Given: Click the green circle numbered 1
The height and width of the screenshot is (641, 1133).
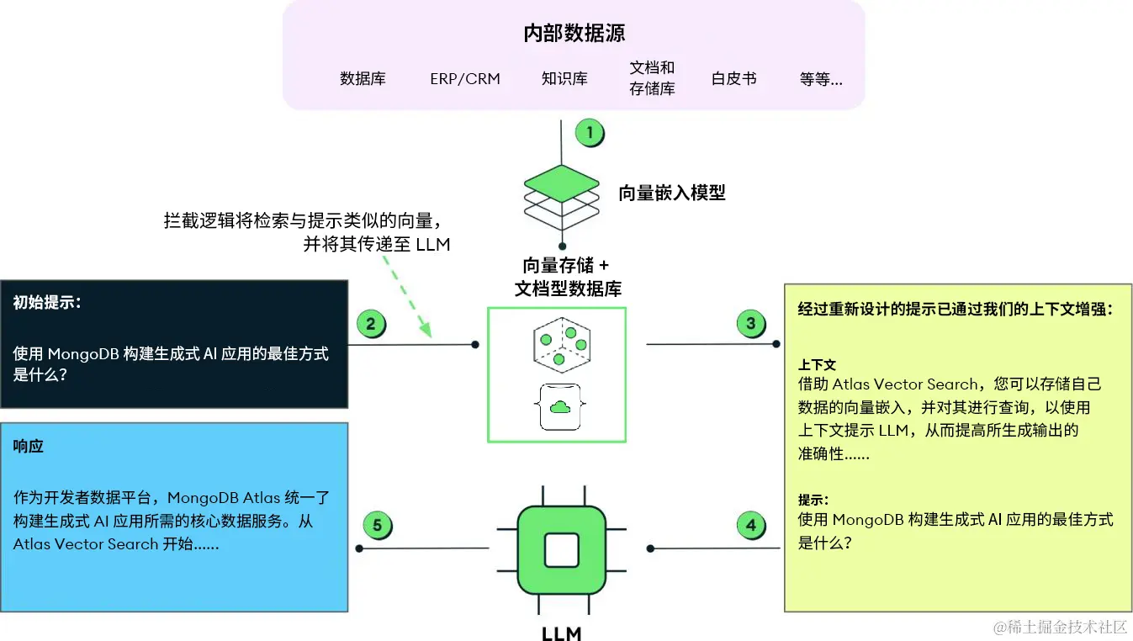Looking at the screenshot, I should coord(590,133).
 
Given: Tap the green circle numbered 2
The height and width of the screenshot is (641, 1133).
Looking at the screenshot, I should coord(371,324).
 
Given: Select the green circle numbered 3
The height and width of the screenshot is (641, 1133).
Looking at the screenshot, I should coord(750,324).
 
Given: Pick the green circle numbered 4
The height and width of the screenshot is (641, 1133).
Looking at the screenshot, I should coord(750,527).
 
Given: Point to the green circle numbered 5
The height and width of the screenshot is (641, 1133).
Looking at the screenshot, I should coord(377,527).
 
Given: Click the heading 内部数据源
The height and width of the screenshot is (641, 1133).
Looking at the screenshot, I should coord(574,34).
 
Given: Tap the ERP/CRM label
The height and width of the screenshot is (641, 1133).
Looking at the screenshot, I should coord(465,79).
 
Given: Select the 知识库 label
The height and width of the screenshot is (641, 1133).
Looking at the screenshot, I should coord(564,79).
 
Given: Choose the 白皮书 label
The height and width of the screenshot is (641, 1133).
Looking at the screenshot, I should coord(733,79).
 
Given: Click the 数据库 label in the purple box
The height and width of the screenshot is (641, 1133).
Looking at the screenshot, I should coord(363,79).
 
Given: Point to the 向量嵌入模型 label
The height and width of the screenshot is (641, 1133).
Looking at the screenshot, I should coord(672,193).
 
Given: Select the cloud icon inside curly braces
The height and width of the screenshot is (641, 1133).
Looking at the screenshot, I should coord(559,407).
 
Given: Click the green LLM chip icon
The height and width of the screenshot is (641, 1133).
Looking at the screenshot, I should coord(561,550).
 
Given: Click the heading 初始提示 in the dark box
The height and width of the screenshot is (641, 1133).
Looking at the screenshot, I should coord(47,303).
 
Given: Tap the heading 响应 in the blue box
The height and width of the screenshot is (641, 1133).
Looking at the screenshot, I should coord(29,446).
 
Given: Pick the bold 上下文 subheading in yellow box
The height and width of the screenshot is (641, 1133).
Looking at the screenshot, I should coord(817,365).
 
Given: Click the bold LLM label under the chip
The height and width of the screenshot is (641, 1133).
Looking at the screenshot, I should coord(561,632).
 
